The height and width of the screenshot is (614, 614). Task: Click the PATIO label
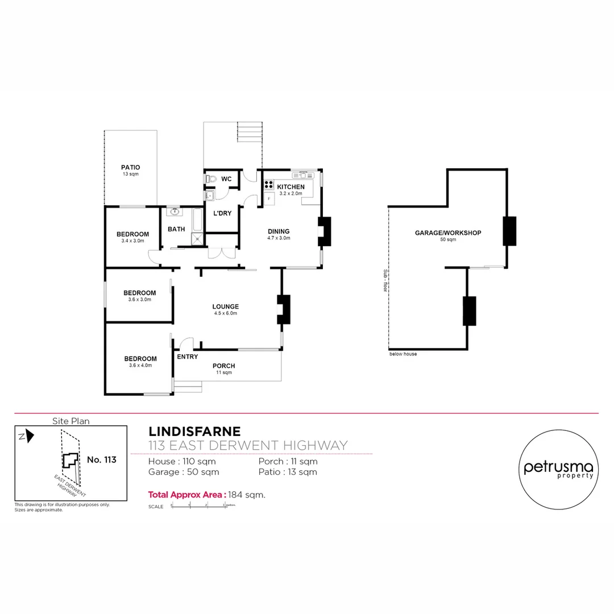point(130,167)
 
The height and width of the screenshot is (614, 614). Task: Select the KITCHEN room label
point(291,187)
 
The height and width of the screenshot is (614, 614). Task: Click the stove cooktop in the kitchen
point(268,185)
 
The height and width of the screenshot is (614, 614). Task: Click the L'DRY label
point(221,214)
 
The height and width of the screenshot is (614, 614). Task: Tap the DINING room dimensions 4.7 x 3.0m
point(279,238)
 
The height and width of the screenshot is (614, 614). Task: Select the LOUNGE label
point(226,306)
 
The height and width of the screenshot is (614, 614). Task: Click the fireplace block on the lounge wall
point(283,309)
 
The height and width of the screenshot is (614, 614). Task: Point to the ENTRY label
point(188,357)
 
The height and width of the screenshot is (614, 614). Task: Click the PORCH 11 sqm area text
point(223,373)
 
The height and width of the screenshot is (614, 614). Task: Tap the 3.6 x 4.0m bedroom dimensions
point(140,365)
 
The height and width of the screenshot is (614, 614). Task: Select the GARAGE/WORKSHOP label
point(448,233)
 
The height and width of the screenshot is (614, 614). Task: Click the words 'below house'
point(403,354)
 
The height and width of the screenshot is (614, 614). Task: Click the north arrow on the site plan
point(28,436)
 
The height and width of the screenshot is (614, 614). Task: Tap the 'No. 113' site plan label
point(102,459)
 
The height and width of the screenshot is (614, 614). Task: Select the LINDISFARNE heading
point(194,432)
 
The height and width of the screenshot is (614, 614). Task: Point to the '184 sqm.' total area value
point(247,495)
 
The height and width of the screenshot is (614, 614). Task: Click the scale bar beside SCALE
point(199,506)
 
